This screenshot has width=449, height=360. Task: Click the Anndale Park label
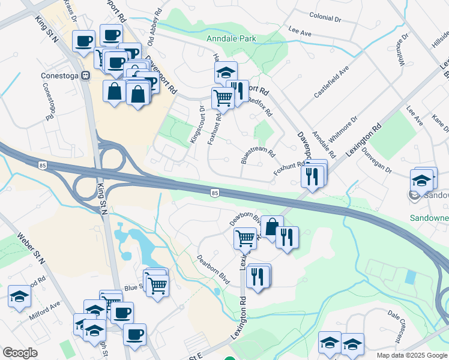[231, 38]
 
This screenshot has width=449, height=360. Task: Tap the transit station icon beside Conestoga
[85, 76]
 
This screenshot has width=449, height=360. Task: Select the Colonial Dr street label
[325, 18]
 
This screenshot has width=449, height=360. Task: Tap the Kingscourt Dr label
[197, 124]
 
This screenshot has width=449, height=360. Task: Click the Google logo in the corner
[20, 353]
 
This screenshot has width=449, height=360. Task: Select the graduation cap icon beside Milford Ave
[19, 296]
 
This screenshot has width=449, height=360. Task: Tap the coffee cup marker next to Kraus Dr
[83, 41]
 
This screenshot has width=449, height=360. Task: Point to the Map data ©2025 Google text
[412, 355]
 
